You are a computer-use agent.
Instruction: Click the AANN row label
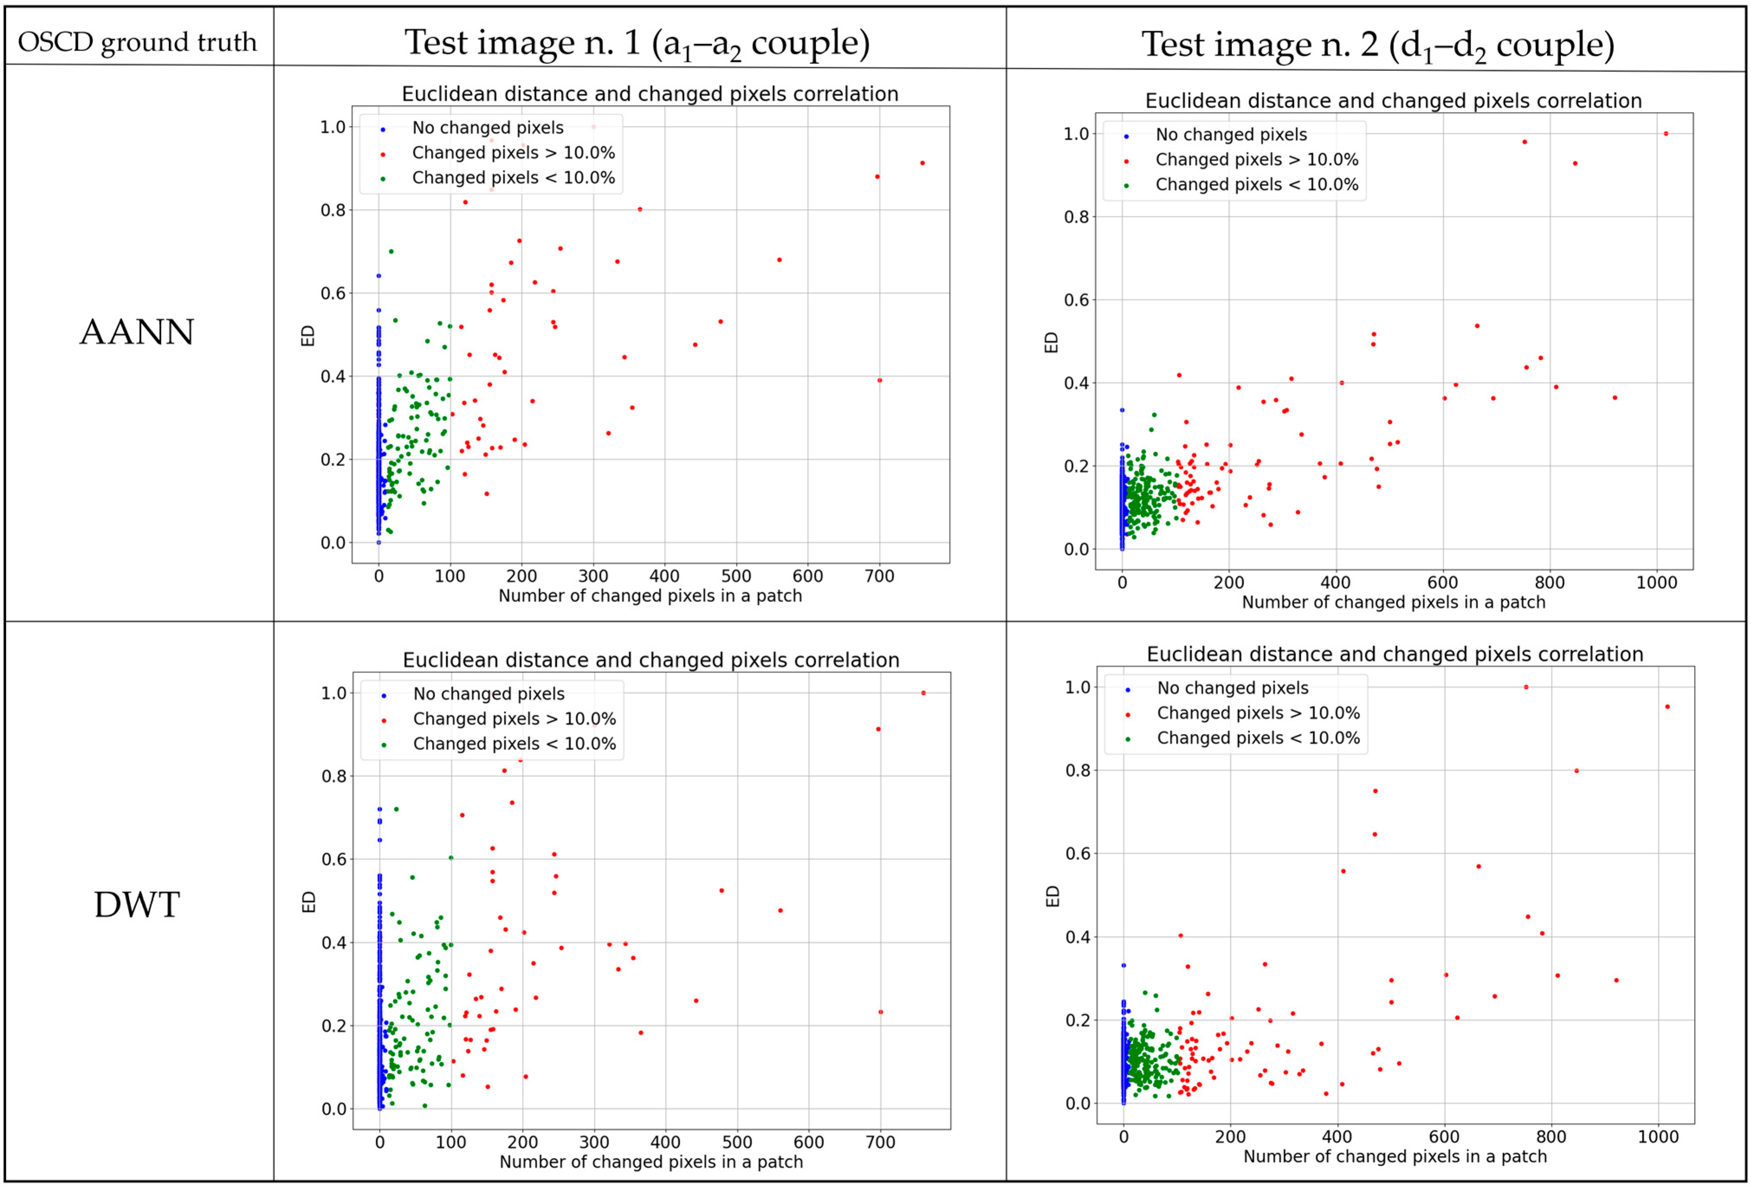click(x=137, y=332)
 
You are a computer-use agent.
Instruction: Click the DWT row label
click(x=137, y=905)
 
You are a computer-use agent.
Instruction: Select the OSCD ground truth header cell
click(x=137, y=42)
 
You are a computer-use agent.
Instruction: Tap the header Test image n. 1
click(x=637, y=43)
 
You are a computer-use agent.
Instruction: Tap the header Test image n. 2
click(x=1377, y=45)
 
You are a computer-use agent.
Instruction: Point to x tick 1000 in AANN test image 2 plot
click(x=1657, y=582)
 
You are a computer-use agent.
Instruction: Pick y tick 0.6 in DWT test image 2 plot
click(x=1077, y=853)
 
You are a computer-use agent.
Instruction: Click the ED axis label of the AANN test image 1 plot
click(x=307, y=335)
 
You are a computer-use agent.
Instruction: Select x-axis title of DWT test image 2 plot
click(x=1395, y=1156)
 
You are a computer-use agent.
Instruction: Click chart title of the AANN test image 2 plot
click(x=1393, y=101)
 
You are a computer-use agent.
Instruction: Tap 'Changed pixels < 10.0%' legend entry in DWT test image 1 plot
click(x=514, y=743)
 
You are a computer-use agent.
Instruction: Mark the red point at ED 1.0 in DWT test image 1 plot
click(x=923, y=693)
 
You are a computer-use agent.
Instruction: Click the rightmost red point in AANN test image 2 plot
click(x=1666, y=134)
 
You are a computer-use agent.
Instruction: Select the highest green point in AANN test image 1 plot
click(x=390, y=252)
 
